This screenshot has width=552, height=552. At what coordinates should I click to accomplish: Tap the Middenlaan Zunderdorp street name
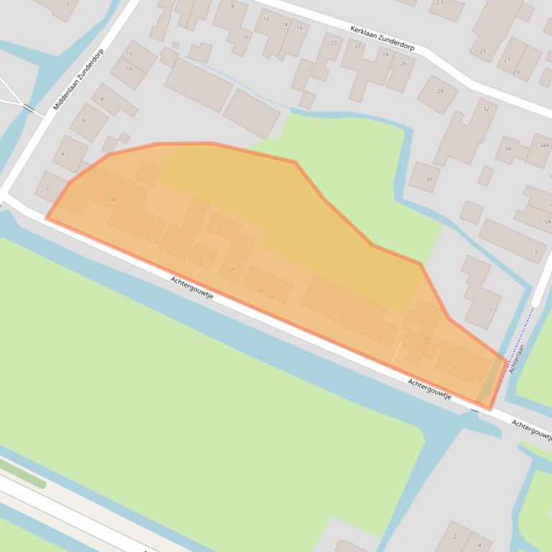(x=78, y=79)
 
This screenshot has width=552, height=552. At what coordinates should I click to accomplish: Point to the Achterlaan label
(x=517, y=358)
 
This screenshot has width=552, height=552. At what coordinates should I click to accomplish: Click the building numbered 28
(x=440, y=91)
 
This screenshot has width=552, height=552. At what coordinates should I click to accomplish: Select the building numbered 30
(x=429, y=179)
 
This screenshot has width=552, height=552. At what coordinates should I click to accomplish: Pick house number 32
(x=486, y=109)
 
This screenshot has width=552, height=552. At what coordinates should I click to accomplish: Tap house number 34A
(x=543, y=146)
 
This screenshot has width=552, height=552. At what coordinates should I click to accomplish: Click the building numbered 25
(x=482, y=51)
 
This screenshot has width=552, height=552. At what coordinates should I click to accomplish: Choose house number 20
(x=332, y=43)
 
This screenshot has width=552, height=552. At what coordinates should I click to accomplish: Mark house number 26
(x=403, y=64)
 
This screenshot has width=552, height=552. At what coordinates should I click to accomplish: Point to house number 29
(x=516, y=72)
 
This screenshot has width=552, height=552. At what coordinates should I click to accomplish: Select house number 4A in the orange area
(x=230, y=269)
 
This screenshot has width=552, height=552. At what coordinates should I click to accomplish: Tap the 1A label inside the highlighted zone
(x=111, y=199)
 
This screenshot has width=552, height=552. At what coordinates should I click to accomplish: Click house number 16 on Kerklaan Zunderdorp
(x=299, y=28)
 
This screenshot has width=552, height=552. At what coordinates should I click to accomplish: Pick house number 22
(x=357, y=46)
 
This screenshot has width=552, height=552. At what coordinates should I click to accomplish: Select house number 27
(x=507, y=60)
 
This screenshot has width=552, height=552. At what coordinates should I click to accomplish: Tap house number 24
(x=385, y=54)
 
